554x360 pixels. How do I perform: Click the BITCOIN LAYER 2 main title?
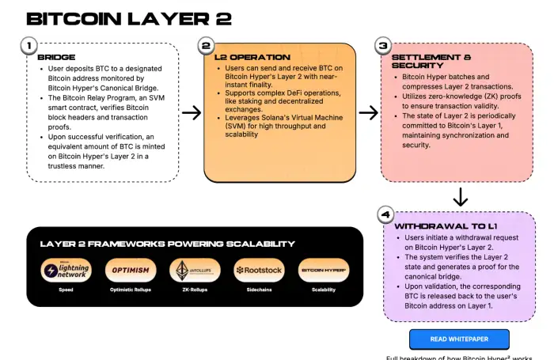(117, 19)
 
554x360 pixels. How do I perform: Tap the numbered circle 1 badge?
(28, 47)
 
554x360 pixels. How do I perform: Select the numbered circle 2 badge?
(206, 47)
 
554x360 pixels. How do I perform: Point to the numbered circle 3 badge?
(383, 47)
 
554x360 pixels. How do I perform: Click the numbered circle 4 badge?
(385, 214)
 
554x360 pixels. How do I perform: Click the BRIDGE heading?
(56, 58)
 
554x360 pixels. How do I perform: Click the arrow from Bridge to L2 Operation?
(191, 113)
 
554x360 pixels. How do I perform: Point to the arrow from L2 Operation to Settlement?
(368, 113)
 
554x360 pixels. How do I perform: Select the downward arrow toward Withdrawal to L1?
(460, 196)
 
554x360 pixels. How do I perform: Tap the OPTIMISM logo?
(131, 270)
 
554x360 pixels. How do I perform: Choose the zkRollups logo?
(195, 270)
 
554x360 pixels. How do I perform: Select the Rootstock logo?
(259, 270)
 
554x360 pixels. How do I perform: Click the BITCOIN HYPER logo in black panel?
(323, 270)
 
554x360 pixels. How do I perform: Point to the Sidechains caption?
(259, 290)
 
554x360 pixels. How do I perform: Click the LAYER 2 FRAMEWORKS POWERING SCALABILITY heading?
(162, 244)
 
